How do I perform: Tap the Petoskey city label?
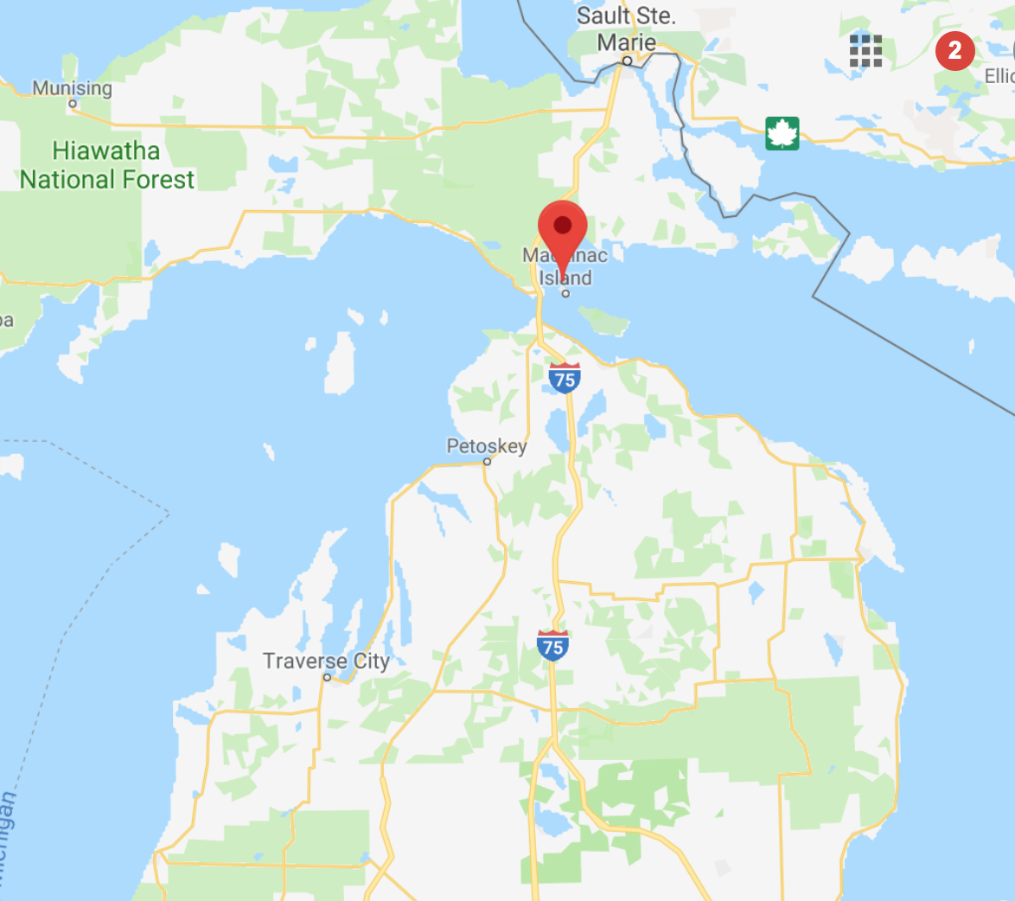click(x=487, y=446)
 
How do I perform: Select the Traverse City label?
click(x=326, y=661)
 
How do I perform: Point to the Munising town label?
click(x=73, y=88)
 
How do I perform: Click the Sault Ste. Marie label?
click(x=627, y=29)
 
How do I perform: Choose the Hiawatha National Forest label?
click(x=107, y=165)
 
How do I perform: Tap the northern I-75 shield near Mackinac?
click(x=565, y=378)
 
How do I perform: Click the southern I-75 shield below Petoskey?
click(x=552, y=646)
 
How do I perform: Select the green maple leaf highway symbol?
click(x=782, y=133)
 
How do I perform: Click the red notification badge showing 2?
click(x=954, y=51)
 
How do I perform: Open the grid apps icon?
click(x=865, y=51)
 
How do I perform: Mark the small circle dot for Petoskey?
click(x=487, y=462)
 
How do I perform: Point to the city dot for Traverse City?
click(x=327, y=677)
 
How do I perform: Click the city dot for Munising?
click(x=73, y=104)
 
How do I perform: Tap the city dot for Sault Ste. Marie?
click(x=627, y=61)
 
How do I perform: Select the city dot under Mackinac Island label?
click(x=566, y=293)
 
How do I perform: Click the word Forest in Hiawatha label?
click(x=155, y=180)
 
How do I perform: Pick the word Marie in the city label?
click(x=627, y=42)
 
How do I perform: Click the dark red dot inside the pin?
click(x=563, y=226)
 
